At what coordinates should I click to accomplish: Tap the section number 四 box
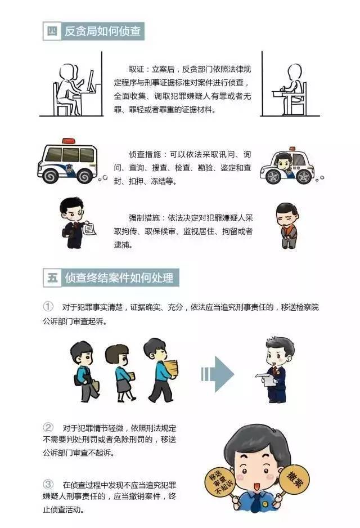click(x=52, y=32)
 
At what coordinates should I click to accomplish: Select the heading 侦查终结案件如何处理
click(x=122, y=278)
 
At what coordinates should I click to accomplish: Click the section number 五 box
click(x=52, y=278)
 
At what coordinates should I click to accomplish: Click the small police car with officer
click(x=286, y=167)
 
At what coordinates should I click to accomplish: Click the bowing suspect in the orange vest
click(x=286, y=224)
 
